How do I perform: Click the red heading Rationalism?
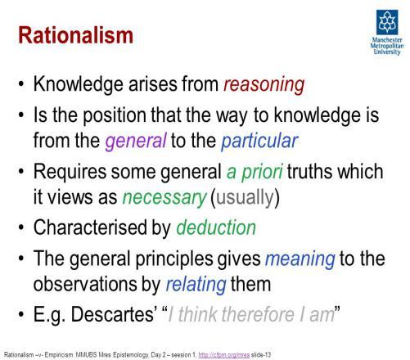point(75,35)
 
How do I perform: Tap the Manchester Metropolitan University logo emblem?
point(387,22)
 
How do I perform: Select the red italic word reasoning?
point(264,84)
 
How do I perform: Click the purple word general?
point(136,141)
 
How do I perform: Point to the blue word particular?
point(259,141)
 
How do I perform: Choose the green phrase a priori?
point(255,172)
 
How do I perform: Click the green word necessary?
point(164,197)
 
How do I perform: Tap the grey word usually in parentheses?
point(246,197)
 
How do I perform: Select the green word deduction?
point(216,227)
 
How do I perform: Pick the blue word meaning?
point(300,259)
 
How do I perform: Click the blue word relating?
point(196,284)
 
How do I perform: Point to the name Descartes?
point(114,314)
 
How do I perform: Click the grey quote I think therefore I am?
point(251,314)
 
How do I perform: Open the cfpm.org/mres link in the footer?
point(223,355)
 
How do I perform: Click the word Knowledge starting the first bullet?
point(79,84)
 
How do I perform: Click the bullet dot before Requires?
point(21,172)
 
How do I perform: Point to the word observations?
point(86,284)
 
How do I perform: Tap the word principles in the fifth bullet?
point(174,259)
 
